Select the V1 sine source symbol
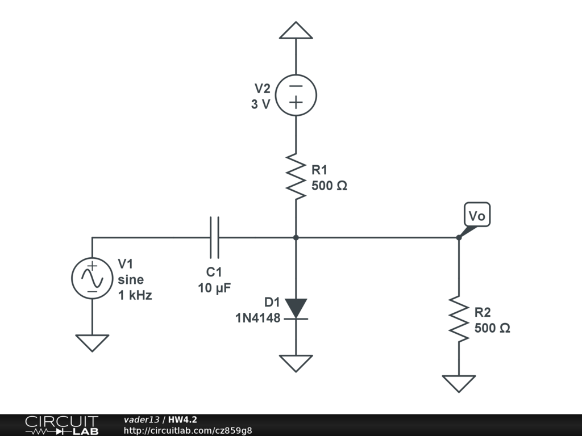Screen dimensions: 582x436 [92, 278]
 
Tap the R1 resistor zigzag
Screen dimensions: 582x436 [296, 177]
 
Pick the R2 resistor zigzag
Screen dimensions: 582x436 [459, 319]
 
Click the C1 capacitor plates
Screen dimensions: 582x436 [214, 237]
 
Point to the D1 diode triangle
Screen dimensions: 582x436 [296, 308]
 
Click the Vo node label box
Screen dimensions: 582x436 [477, 214]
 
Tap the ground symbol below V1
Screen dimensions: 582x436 [92, 343]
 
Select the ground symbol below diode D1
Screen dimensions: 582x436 [296, 363]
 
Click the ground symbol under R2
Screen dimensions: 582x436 [459, 384]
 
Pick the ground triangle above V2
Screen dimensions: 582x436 [296, 30]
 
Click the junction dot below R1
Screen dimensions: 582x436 [296, 237]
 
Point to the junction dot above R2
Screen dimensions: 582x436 [459, 237]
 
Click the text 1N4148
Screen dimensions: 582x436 [258, 318]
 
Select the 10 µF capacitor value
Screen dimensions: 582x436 [214, 288]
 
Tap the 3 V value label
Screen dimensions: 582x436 [260, 104]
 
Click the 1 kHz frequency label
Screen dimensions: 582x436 [135, 295]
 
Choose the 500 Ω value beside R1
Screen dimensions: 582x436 [329, 186]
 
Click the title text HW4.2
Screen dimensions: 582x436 [182, 420]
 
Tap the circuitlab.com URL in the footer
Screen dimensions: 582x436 [188, 430]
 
